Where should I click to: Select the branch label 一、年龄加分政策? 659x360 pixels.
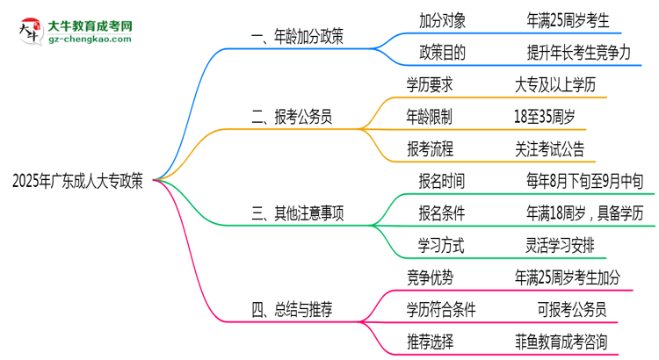pyautogui.click(x=297, y=36)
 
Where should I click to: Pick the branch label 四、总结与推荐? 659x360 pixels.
pyautogui.click(x=292, y=308)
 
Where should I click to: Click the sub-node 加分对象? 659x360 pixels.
pyautogui.click(x=442, y=17)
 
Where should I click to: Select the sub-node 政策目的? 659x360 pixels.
pyautogui.click(x=442, y=52)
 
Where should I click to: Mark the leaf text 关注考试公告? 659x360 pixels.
pyautogui.click(x=549, y=148)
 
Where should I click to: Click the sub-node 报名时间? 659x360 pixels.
pyautogui.click(x=442, y=181)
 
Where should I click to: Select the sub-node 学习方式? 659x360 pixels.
pyautogui.click(x=442, y=243)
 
